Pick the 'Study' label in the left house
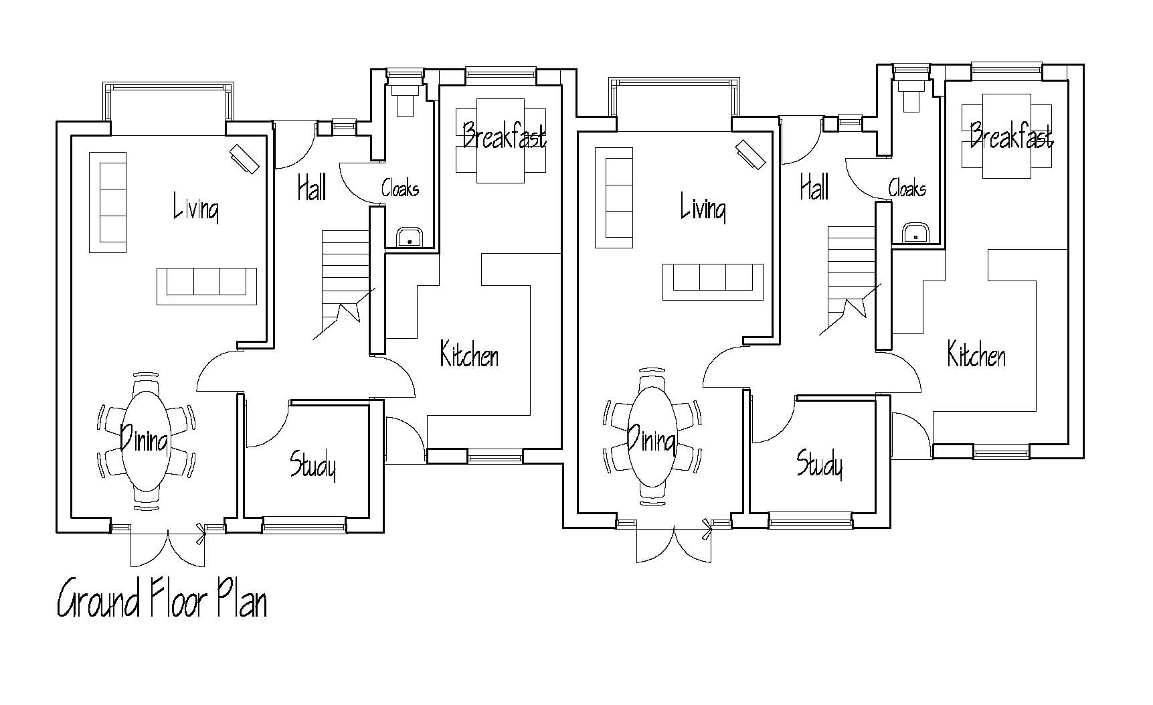point(313,465)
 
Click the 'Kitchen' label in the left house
point(469,354)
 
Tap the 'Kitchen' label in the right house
point(976,354)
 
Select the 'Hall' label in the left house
point(312,187)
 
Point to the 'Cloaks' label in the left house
point(400,187)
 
